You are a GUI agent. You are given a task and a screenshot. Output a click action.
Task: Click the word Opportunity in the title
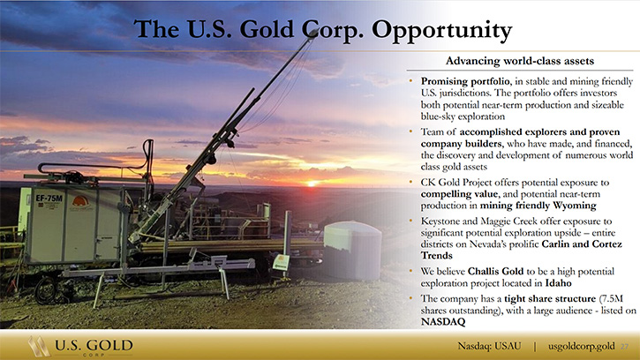(441, 30)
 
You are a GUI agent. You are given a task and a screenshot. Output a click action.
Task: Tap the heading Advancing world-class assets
(520, 61)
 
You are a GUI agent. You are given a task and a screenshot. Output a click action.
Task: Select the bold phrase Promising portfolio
(465, 82)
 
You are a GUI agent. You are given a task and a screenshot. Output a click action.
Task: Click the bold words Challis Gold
(495, 272)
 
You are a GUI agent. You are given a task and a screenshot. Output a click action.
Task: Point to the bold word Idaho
(559, 283)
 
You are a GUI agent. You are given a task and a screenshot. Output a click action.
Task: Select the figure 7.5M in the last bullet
(613, 299)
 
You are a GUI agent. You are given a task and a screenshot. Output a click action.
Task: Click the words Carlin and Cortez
(582, 244)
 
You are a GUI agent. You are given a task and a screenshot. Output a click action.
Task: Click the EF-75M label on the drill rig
(49, 199)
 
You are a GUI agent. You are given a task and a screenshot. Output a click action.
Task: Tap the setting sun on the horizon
(312, 184)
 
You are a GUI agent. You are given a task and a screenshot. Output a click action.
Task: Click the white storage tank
(352, 250)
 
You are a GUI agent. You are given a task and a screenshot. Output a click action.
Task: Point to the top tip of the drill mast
(315, 32)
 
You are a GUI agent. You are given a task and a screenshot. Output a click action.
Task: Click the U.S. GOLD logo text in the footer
(94, 346)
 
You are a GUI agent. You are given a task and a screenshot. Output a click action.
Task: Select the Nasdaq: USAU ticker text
(489, 346)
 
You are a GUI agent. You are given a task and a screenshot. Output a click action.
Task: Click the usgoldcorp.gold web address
(581, 347)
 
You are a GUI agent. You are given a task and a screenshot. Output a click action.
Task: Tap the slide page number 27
(624, 347)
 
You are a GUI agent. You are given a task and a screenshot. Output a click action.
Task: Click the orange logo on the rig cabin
(80, 201)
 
